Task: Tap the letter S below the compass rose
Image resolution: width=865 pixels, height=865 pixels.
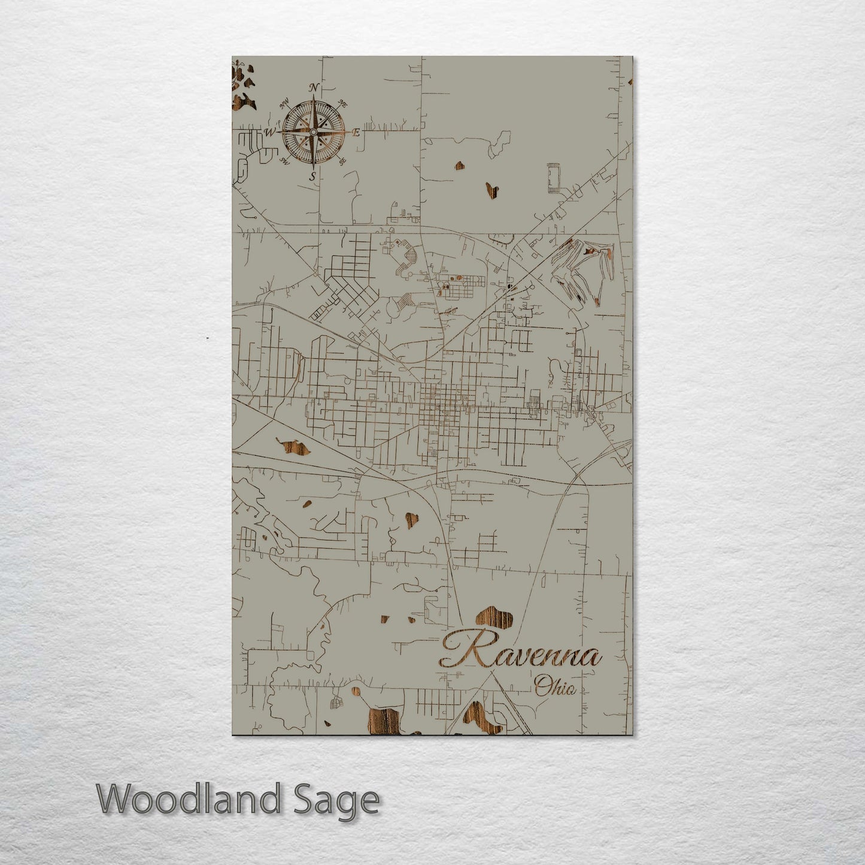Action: click(312, 176)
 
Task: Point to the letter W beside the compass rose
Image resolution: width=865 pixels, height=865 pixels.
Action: click(270, 132)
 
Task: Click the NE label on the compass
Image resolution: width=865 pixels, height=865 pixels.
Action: click(344, 104)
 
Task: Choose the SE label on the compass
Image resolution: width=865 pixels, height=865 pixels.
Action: click(342, 160)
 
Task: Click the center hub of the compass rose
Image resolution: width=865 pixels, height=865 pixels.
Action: click(312, 132)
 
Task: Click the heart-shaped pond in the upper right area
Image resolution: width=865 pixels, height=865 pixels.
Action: click(491, 189)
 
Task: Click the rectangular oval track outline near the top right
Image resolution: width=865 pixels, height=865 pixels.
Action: click(551, 177)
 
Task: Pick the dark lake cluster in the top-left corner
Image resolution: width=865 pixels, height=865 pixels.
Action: click(242, 87)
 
